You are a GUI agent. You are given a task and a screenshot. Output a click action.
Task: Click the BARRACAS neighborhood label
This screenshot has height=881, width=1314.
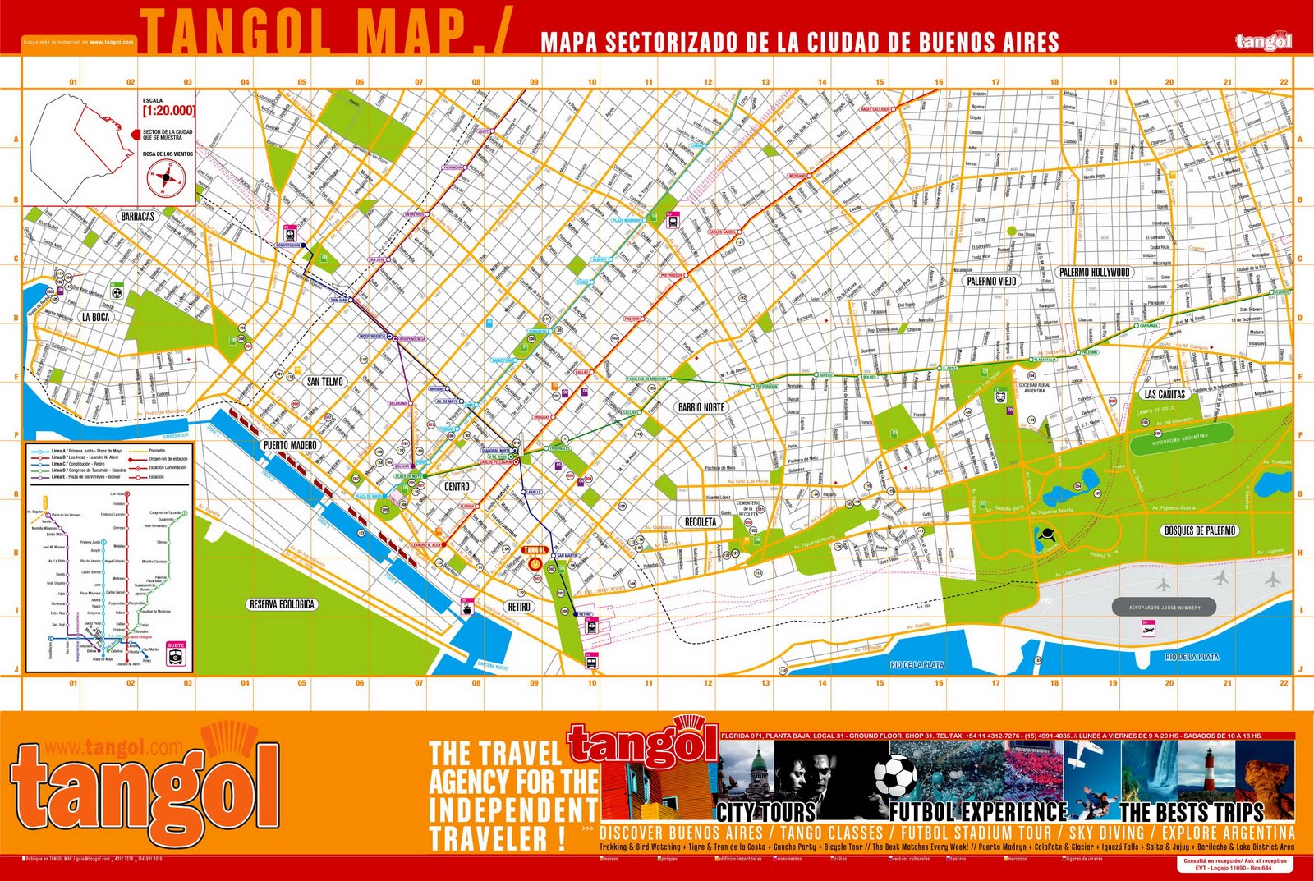(x=137, y=217)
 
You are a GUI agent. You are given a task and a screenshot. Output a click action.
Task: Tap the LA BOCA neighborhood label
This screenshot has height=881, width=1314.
(x=95, y=317)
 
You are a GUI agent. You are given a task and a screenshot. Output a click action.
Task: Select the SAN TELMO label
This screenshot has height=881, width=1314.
(x=325, y=381)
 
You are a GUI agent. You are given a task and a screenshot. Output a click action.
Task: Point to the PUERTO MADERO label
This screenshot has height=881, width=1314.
(x=290, y=445)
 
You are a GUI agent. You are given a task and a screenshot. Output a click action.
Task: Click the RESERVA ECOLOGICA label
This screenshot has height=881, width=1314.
(x=282, y=604)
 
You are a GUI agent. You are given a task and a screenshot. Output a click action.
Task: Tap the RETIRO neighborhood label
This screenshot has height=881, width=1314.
(x=519, y=607)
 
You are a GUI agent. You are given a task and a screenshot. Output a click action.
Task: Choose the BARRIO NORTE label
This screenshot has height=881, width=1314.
(x=701, y=407)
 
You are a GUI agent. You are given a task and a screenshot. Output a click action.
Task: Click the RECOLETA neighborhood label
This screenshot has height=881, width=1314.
(x=701, y=521)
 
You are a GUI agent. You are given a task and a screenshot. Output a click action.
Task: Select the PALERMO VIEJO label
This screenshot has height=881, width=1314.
(x=991, y=281)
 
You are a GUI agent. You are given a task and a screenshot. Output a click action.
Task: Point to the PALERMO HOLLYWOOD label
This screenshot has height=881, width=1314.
(x=1095, y=272)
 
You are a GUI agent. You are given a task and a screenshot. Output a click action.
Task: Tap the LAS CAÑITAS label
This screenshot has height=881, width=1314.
(x=1165, y=394)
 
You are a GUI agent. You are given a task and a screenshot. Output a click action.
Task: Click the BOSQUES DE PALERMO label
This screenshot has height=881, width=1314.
(x=1200, y=530)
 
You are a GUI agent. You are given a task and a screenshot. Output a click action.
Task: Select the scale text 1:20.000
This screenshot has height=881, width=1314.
(x=168, y=110)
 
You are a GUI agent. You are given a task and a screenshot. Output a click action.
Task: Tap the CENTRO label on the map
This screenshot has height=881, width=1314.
(x=457, y=487)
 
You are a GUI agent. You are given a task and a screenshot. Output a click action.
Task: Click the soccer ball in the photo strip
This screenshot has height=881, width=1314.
(x=894, y=777)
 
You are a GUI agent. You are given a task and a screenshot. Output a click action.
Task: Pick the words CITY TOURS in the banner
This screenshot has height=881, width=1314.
(x=765, y=813)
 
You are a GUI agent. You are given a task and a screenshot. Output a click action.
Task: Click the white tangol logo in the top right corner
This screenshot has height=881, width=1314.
(x=1263, y=41)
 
